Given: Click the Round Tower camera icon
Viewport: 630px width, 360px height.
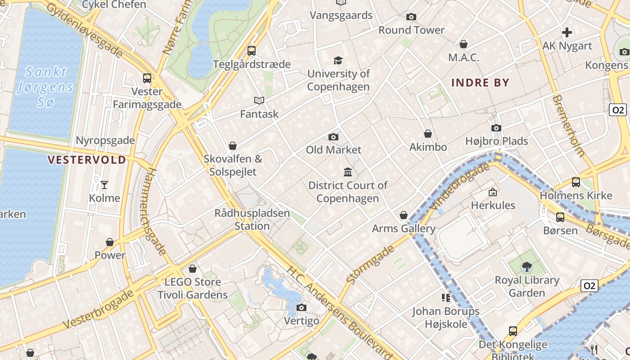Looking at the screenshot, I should [x=411, y=17].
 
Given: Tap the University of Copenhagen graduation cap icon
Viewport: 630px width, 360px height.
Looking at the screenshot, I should [x=338, y=60].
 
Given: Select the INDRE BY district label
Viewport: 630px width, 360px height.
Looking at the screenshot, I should [x=480, y=82].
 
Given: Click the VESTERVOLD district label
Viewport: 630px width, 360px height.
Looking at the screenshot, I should [x=87, y=160].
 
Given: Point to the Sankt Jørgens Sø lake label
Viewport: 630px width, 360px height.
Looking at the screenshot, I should [x=45, y=87].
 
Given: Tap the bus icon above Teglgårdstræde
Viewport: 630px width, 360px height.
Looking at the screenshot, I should [x=252, y=51].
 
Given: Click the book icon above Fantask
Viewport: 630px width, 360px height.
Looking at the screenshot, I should [x=259, y=100].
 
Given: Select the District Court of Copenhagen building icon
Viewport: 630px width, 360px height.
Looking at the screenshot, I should [x=348, y=172].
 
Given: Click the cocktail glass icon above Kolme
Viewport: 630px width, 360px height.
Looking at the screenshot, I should [x=104, y=184].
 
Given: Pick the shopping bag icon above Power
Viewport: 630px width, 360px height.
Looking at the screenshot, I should [x=110, y=242].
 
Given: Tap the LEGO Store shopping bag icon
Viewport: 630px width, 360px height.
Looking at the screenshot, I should [x=193, y=269].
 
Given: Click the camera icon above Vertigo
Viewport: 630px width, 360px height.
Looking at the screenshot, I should [x=301, y=308].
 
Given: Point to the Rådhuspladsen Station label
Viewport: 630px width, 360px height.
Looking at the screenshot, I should [x=252, y=219].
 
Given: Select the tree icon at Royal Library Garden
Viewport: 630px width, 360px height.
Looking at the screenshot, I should [x=526, y=267].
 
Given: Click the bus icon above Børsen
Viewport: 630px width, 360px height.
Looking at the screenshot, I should [x=560, y=217].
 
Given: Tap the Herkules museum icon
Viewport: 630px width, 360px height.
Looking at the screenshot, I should [x=493, y=192].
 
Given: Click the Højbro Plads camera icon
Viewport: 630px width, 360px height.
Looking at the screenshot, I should [x=496, y=128].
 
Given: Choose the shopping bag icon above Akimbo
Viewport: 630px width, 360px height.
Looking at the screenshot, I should [x=428, y=134].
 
